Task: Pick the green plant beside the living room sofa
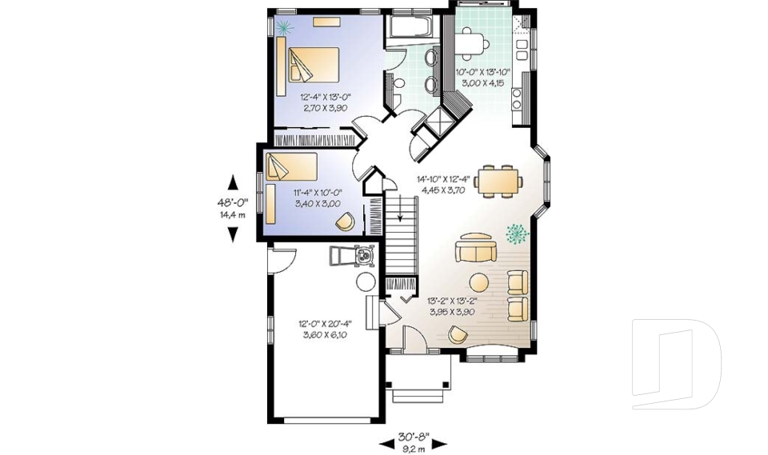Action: (517, 233)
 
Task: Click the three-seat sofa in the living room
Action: (475, 249)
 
